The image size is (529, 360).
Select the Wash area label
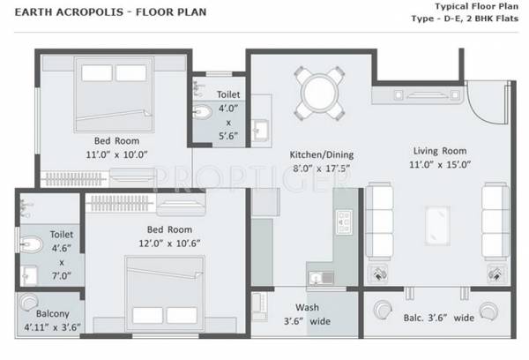(307, 308)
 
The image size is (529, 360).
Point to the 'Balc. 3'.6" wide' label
(441, 317)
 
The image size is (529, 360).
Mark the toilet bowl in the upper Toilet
(203, 112)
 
